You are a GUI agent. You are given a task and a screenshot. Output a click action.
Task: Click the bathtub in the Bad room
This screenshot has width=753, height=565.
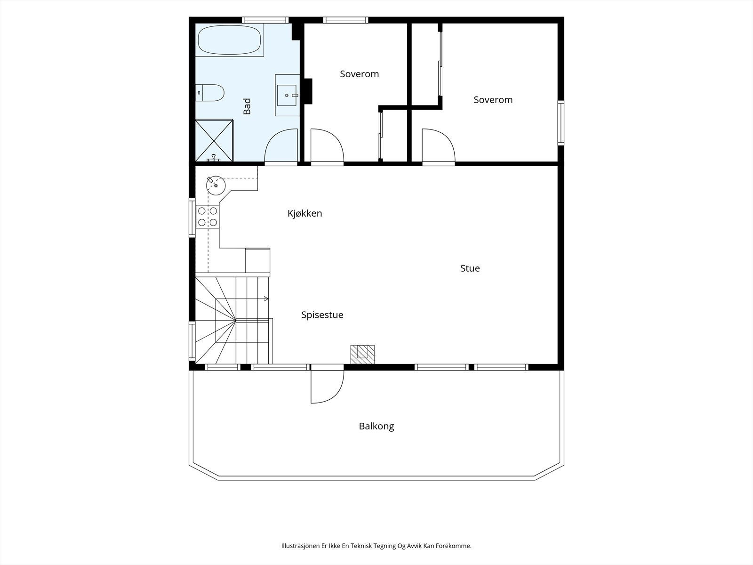coord(229,40)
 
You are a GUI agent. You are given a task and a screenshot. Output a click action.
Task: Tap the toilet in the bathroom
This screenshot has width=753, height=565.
coord(209,93)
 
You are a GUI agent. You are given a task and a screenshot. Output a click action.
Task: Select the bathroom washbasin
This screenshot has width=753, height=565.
coord(287,96)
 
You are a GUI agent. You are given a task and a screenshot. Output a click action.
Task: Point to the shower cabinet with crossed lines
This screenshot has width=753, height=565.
coord(214,140)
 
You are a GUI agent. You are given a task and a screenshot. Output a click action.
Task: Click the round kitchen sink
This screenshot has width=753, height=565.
coord(216,185)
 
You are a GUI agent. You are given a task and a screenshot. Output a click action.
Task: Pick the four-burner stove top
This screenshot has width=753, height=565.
coord(208,217)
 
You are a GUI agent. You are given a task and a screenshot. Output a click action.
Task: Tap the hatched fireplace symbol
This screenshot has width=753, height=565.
coord(362,355)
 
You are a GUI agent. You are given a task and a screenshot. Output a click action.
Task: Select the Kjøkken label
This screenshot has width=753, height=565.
coord(304,213)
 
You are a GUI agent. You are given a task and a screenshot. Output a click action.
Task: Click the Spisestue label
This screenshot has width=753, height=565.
coord(322,315)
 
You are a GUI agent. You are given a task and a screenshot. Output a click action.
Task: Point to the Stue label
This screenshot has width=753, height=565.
coord(470,268)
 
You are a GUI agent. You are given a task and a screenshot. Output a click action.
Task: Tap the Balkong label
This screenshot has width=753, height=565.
coord(376,427)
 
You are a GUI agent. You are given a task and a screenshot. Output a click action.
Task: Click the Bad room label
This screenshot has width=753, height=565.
coord(247,106)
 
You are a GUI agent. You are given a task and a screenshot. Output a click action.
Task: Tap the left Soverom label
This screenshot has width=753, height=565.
coord(359,74)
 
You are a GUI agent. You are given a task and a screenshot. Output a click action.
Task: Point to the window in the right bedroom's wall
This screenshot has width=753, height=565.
coord(561,122)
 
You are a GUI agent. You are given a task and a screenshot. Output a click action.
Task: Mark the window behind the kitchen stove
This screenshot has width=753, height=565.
coord(192,218)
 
